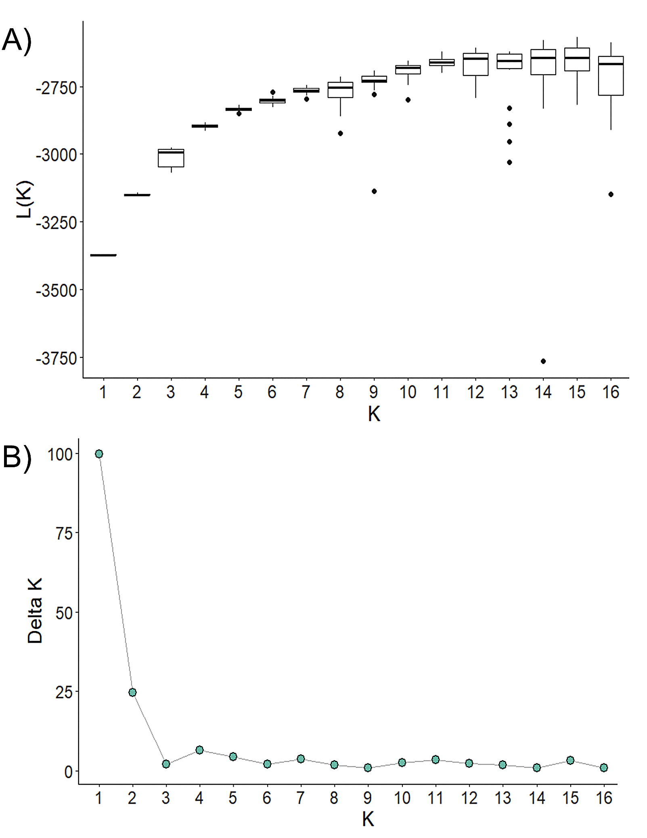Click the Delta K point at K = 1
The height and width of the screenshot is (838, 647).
tap(99, 454)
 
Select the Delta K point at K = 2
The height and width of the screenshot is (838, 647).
tap(132, 692)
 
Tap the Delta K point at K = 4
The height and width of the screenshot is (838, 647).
tap(199, 750)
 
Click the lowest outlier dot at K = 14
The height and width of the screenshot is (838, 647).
tap(543, 361)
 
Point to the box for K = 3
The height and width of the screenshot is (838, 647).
tap(171, 158)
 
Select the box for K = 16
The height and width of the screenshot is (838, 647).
tap(611, 76)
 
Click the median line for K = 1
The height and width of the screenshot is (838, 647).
tap(103, 255)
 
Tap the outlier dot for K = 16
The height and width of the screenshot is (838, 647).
tap(611, 194)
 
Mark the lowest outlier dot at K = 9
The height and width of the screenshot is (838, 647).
tap(374, 191)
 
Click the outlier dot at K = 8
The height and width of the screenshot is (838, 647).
tap(340, 134)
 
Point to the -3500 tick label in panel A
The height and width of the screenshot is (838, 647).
tap(57, 290)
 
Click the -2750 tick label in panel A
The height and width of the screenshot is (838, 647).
tap(57, 88)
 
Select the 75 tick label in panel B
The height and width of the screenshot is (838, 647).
tap(64, 534)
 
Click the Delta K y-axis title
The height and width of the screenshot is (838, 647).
tap(35, 610)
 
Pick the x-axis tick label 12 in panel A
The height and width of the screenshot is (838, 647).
tap(475, 392)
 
